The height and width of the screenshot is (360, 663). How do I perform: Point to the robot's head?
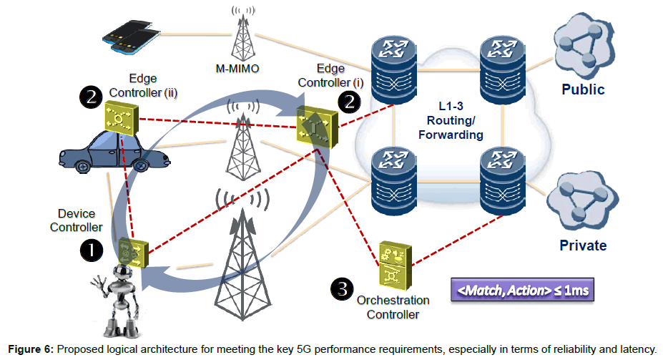[122, 277]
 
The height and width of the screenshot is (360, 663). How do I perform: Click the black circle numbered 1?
[91, 250]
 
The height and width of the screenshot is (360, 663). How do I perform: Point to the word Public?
[583, 89]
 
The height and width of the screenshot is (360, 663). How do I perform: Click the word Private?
[583, 245]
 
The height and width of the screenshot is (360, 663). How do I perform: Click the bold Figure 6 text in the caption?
[28, 349]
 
